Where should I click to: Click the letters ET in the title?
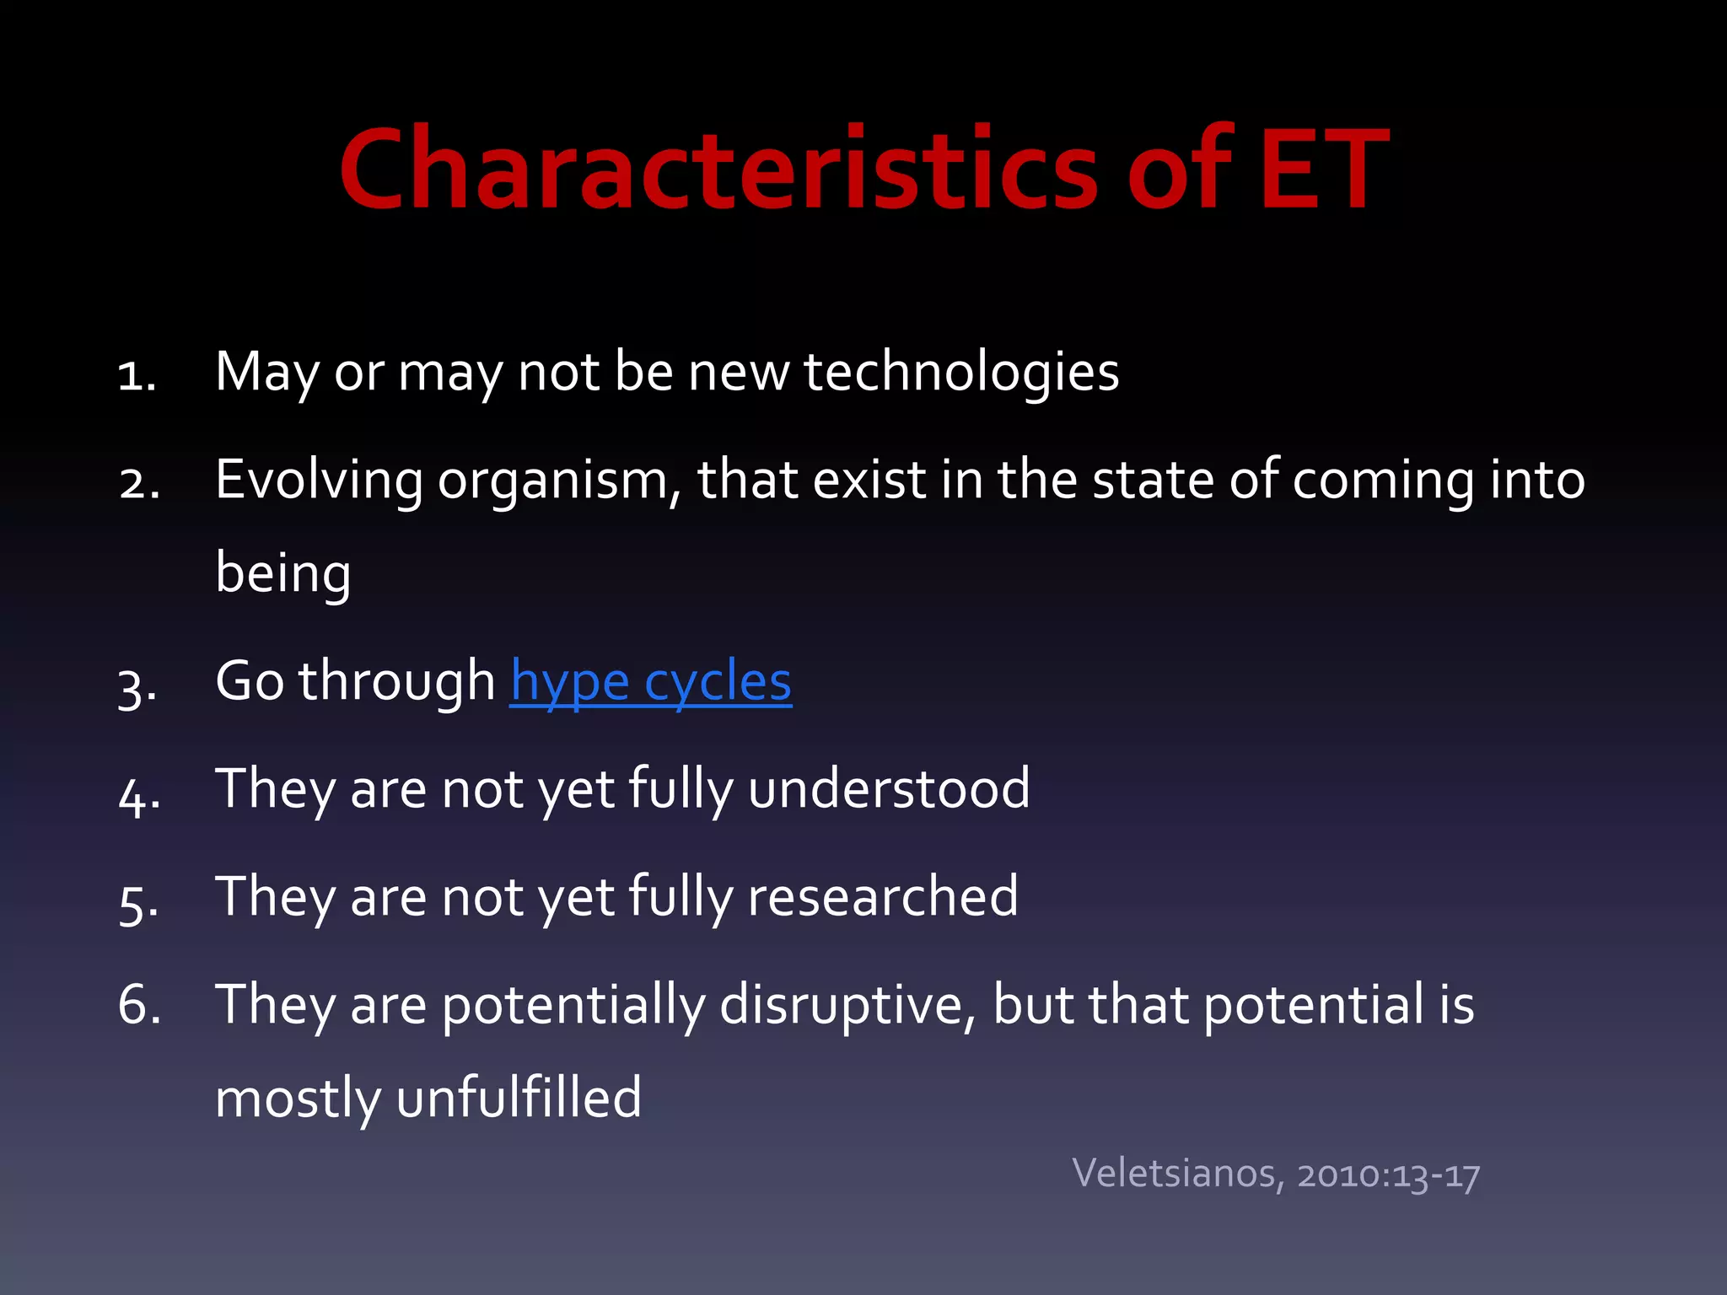coord(1323,169)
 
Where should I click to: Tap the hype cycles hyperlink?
coord(650,681)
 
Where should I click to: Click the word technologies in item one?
coord(961,373)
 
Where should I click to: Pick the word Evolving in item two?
coord(319,481)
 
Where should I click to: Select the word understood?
coord(889,789)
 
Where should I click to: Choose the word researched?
coord(883,896)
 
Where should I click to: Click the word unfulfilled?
coord(519,1099)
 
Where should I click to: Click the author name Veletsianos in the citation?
coord(1177,1174)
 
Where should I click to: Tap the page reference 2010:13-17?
coord(1388,1174)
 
